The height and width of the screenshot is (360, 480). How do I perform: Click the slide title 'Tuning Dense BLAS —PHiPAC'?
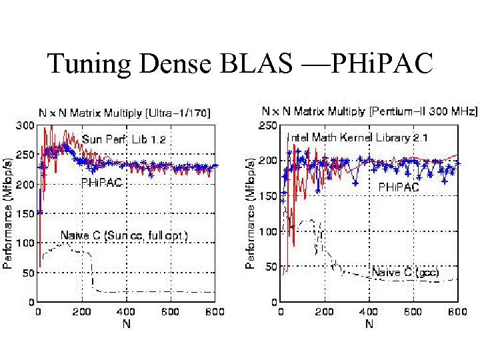[240, 64]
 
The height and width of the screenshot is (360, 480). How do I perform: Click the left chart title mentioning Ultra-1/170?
[123, 113]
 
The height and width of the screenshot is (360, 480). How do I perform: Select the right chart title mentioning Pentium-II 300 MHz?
[360, 110]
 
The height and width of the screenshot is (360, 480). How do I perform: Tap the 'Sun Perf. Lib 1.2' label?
[124, 139]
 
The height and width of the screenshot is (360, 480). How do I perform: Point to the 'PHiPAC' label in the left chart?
[101, 181]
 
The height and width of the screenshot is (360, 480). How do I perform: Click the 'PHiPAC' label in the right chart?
[399, 187]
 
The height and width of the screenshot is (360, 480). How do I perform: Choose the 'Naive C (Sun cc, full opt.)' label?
[125, 235]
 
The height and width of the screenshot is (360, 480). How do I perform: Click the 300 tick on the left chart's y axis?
[26, 125]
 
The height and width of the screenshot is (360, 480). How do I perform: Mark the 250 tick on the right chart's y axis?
[269, 125]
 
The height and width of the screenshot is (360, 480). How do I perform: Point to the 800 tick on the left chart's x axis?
[215, 311]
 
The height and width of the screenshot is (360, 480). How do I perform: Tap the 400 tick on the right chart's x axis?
[369, 311]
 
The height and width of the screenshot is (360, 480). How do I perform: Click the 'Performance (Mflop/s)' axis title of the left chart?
[8, 213]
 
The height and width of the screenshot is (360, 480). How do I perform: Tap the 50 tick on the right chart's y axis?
[271, 267]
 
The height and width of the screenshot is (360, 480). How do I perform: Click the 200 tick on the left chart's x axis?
[83, 311]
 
